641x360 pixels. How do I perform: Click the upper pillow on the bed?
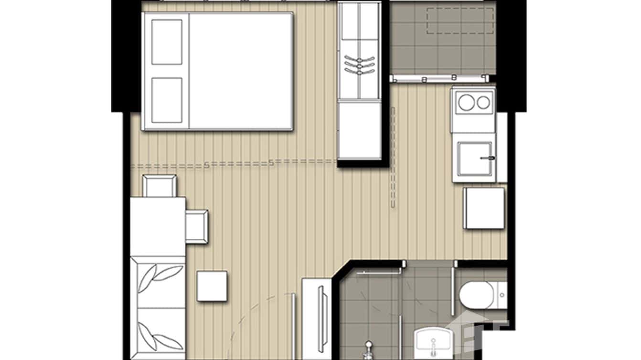(x=167, y=42)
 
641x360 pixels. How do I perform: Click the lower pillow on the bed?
(x=167, y=100)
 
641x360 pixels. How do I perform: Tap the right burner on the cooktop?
(x=483, y=102)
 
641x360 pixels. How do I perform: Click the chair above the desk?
(x=160, y=186)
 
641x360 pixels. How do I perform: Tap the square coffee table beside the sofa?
(x=212, y=286)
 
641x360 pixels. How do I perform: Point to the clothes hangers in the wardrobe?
(x=359, y=65)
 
